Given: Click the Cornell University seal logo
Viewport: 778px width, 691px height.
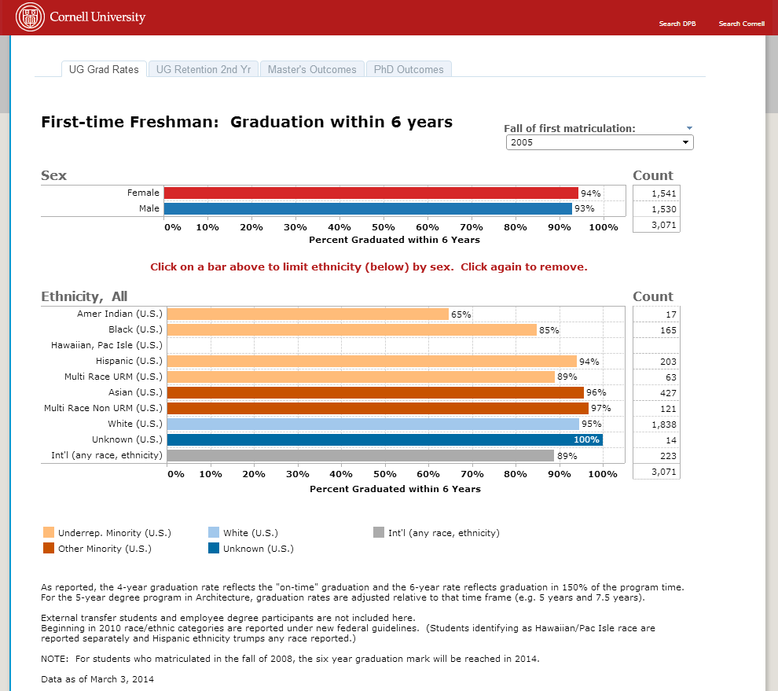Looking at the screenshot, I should click(31, 17).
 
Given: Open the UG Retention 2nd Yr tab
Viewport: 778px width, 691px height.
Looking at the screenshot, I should click(203, 69).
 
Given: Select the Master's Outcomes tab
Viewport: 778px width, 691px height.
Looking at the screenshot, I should click(312, 69).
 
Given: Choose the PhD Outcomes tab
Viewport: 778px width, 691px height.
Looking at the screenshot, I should click(409, 69).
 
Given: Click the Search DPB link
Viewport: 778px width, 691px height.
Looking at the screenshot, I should click(677, 24).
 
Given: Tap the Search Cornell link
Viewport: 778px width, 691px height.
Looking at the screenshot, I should click(741, 24).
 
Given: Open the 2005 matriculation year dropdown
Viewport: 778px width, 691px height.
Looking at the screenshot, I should click(600, 142).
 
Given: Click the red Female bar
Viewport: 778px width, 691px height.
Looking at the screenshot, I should click(370, 193).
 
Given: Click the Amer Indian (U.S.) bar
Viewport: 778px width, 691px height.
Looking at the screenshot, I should click(307, 314).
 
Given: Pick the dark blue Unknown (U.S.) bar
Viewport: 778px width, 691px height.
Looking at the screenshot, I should click(384, 439).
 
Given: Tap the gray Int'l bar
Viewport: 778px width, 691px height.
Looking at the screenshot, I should click(361, 455).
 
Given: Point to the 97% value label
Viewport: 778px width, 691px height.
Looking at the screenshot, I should click(601, 408).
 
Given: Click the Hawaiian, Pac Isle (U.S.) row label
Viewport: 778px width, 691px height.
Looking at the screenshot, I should click(106, 345).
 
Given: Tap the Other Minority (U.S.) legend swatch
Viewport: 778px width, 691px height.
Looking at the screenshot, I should click(49, 549).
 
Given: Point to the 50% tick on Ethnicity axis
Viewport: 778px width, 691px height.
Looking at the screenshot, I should click(384, 474).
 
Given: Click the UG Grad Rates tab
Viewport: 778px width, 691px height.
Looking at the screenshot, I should click(104, 69).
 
